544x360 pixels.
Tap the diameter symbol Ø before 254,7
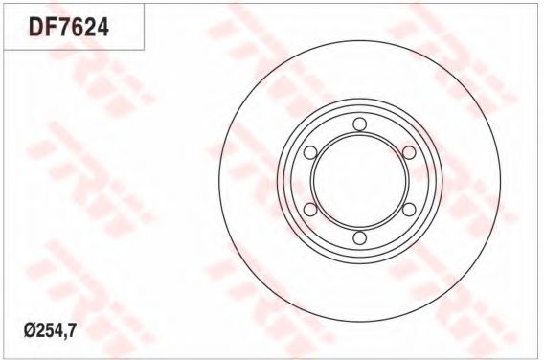(31, 331)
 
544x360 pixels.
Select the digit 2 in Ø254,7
(40, 331)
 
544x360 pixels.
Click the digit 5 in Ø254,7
(50, 331)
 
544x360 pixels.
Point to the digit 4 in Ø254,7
(58, 331)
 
